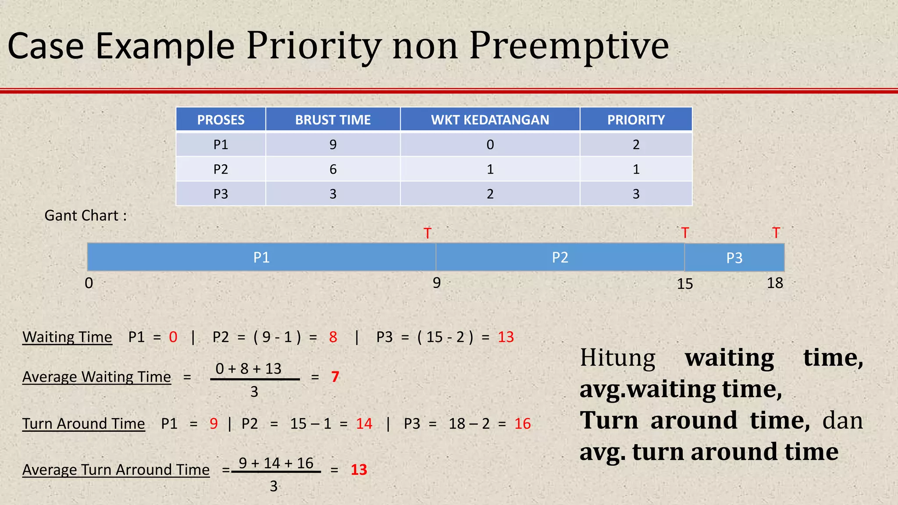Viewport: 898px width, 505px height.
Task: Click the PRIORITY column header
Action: click(636, 120)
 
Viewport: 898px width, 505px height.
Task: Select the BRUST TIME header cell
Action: click(333, 120)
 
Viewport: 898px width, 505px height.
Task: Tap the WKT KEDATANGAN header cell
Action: click(490, 120)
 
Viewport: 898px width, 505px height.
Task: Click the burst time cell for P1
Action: click(333, 145)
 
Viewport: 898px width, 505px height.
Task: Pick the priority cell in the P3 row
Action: click(636, 194)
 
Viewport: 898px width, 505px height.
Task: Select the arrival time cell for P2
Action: click(490, 169)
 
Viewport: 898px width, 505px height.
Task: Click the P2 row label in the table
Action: click(221, 169)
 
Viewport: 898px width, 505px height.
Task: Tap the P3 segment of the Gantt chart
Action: click(734, 258)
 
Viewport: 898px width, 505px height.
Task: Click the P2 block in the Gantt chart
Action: click(560, 257)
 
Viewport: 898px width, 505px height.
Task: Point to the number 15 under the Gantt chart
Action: click(684, 284)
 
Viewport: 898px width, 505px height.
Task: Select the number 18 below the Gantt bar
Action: click(775, 283)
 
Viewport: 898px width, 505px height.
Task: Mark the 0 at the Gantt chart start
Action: click(89, 283)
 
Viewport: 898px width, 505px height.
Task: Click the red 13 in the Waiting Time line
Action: click(506, 337)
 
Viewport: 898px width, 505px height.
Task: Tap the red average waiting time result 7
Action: click(335, 377)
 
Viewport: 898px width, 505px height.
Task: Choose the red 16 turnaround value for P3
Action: click(522, 424)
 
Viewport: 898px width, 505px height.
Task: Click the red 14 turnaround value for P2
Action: click(364, 424)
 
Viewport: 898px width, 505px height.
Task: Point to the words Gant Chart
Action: click(86, 216)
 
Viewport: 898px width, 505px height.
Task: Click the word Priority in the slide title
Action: click(313, 46)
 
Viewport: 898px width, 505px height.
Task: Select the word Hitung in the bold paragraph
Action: click(617, 358)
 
